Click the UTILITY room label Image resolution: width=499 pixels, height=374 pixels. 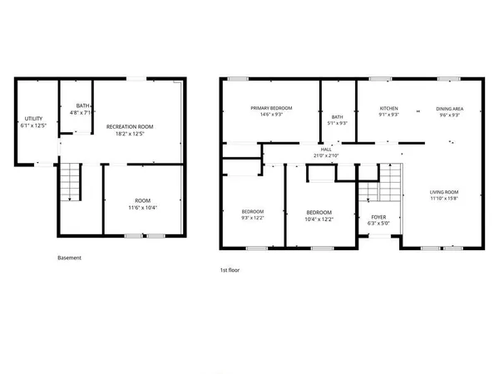(33, 119)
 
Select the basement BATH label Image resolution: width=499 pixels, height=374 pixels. (82, 106)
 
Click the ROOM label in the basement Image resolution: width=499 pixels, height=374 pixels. (142, 200)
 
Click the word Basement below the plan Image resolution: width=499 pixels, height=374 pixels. (69, 258)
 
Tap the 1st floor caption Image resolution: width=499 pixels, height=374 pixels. (230, 270)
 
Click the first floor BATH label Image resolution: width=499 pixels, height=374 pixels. (337, 117)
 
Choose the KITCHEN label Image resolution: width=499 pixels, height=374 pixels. (389, 109)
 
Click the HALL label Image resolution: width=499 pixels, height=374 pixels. (325, 150)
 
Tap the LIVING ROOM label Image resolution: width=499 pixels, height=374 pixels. (444, 192)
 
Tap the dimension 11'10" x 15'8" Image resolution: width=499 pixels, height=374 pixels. (444, 199)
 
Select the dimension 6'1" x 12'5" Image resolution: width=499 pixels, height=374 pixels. (33, 125)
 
